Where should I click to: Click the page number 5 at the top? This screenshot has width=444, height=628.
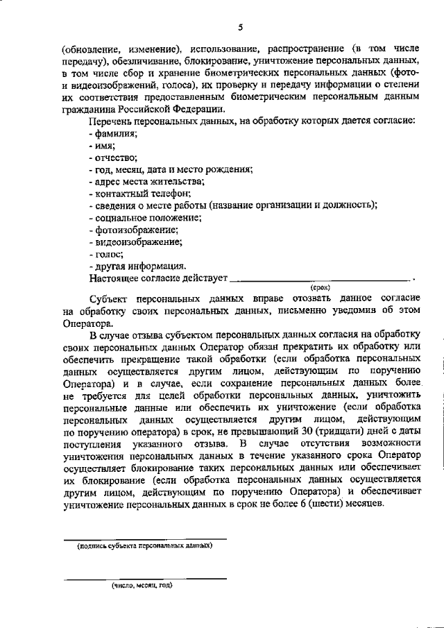click(239, 27)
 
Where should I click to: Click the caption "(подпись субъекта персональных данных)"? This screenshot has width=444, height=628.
click(145, 546)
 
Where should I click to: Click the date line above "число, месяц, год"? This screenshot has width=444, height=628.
click(145, 579)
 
